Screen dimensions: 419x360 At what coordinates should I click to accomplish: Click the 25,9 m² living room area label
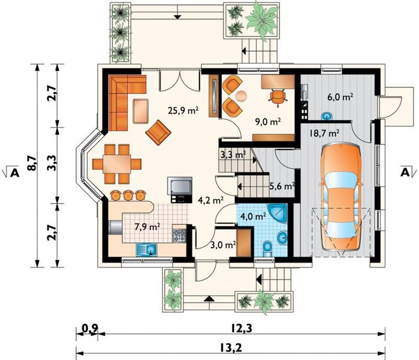pyautogui.click(x=183, y=110)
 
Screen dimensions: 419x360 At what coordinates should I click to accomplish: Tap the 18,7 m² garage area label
pyautogui.click(x=325, y=133)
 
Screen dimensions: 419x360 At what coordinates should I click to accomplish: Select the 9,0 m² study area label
pyautogui.click(x=268, y=122)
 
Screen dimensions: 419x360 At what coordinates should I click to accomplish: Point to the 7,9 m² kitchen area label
pyautogui.click(x=147, y=227)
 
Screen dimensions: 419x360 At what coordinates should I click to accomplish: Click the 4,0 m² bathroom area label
pyautogui.click(x=253, y=216)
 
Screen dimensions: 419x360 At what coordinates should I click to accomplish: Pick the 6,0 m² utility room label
pyautogui.click(x=340, y=97)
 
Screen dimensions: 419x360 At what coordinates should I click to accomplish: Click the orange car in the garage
pyautogui.click(x=341, y=197)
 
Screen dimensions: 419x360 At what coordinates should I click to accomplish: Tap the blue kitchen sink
pyautogui.click(x=147, y=250)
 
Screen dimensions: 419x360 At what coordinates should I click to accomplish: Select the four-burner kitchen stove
pyautogui.click(x=179, y=236)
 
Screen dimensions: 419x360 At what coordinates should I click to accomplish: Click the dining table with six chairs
pyautogui.click(x=117, y=164)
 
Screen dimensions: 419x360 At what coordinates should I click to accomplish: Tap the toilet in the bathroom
pyautogui.click(x=267, y=249)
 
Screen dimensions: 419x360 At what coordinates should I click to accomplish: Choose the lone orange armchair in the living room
pyautogui.click(x=158, y=133)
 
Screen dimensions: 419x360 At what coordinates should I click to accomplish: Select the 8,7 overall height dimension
pyautogui.click(x=32, y=164)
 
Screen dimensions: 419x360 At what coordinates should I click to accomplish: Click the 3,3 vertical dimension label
pyautogui.click(x=52, y=163)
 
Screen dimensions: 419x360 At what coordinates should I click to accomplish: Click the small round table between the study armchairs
pyautogui.click(x=242, y=96)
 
